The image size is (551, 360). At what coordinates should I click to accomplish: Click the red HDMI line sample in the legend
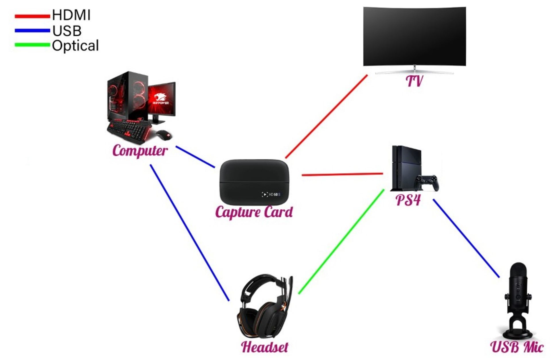[x=32, y=16]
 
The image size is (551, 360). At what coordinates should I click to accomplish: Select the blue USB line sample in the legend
[x=32, y=30]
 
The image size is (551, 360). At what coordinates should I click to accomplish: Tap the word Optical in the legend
[x=75, y=46]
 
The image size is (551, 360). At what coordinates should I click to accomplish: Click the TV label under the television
[x=414, y=81]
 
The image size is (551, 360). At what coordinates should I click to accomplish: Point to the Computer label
[x=140, y=151]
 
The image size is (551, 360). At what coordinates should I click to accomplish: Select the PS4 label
[x=408, y=200]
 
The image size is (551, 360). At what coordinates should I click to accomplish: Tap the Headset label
[x=265, y=347]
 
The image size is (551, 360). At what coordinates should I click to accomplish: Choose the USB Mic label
[x=517, y=347]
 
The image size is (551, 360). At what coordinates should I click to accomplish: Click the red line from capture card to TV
[x=326, y=116]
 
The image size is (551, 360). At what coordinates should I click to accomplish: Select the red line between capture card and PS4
[x=342, y=174]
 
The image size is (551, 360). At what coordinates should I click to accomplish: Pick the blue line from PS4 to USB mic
[x=466, y=238]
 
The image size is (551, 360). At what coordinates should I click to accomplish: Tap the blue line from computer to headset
[x=189, y=233]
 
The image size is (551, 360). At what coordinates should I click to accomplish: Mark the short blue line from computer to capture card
[x=195, y=157]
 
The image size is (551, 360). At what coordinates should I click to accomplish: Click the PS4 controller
[x=427, y=183]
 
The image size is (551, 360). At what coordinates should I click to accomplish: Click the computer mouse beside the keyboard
[x=164, y=135]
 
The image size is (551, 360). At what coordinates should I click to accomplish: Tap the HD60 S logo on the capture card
[x=271, y=194]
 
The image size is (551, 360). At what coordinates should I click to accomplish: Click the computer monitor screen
[x=162, y=99]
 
